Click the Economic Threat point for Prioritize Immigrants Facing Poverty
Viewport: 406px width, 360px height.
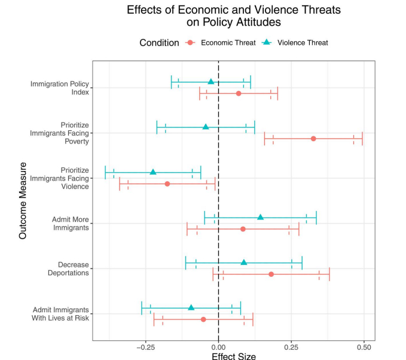click(313, 138)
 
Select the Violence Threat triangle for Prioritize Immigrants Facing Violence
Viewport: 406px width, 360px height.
click(153, 172)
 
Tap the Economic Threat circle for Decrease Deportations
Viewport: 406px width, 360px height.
click(271, 274)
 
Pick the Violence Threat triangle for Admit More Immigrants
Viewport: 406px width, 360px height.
click(260, 217)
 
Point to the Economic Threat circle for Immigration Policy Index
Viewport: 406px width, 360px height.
click(239, 93)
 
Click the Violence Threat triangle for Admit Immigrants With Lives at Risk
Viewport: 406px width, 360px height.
click(191, 307)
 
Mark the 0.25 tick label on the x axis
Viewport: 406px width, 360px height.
click(291, 346)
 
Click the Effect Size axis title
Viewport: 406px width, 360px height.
click(234, 356)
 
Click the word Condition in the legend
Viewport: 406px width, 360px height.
click(159, 42)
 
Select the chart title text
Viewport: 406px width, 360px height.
click(234, 16)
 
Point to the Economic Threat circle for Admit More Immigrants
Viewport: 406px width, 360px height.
click(243, 228)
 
